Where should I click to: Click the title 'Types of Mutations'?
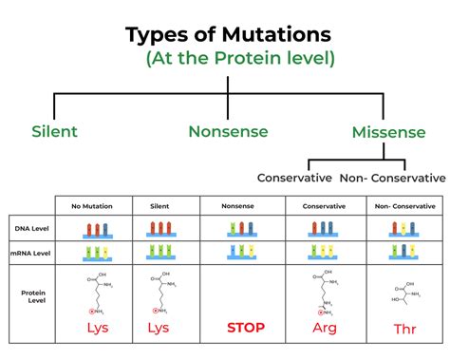tap(229, 35)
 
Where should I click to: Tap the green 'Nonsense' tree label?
tap(227, 131)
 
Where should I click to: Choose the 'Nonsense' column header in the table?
tap(242, 204)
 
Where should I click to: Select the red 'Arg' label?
tap(325, 328)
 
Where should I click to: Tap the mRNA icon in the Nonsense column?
tap(242, 253)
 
